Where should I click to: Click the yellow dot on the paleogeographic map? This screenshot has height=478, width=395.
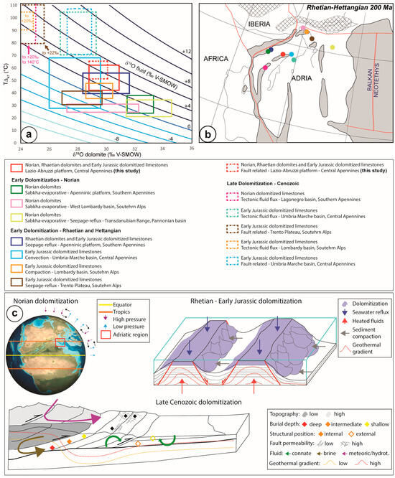333,48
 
